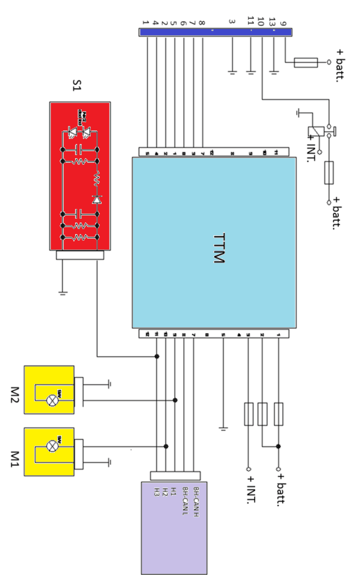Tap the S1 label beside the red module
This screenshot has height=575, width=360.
coord(77,86)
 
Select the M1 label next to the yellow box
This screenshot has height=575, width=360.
coord(14,459)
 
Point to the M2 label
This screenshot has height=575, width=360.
coord(14,395)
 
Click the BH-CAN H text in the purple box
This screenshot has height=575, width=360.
coord(196,502)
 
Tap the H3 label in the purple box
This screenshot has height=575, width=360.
coord(157,492)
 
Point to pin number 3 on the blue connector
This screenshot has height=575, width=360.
coord(232,22)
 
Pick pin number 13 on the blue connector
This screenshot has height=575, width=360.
coord(272,22)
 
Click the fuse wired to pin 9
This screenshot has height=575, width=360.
coord(306,63)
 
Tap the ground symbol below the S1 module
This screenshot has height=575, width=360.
coord(63,293)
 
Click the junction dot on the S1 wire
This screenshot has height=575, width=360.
coord(157,356)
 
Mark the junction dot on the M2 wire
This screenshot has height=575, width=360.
coord(175,400)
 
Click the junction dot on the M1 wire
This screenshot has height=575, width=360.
coord(166,446)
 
